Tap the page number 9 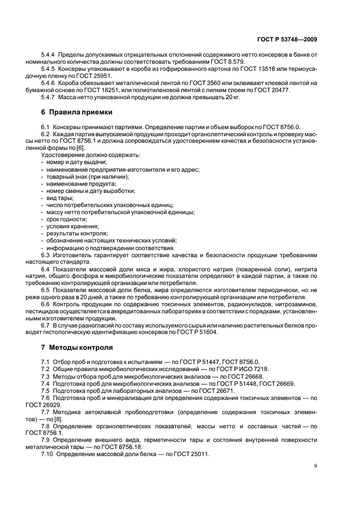315,466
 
